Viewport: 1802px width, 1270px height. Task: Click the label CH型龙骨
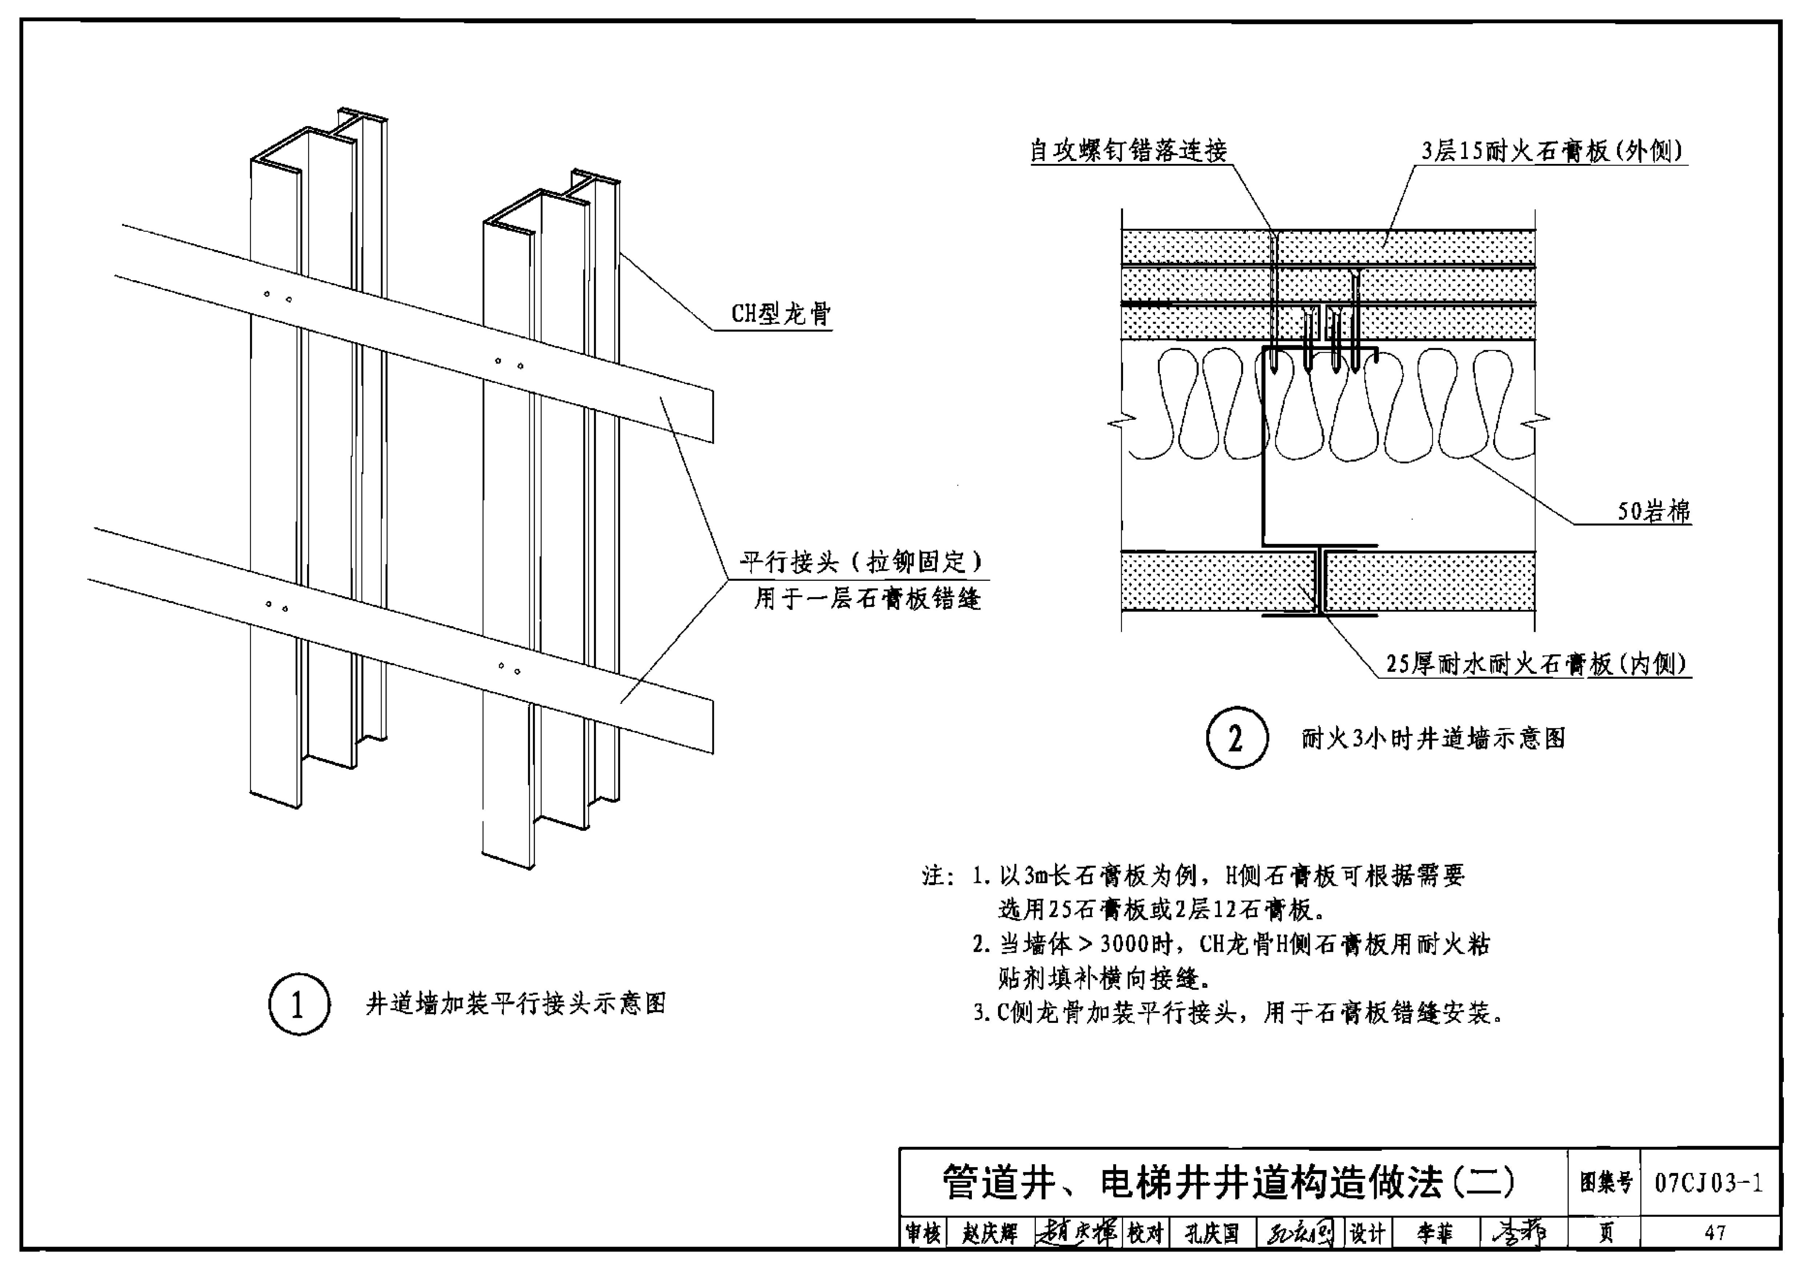(780, 314)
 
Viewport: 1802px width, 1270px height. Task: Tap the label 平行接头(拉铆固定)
(861, 562)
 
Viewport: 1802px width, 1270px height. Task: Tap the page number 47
(1714, 1233)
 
